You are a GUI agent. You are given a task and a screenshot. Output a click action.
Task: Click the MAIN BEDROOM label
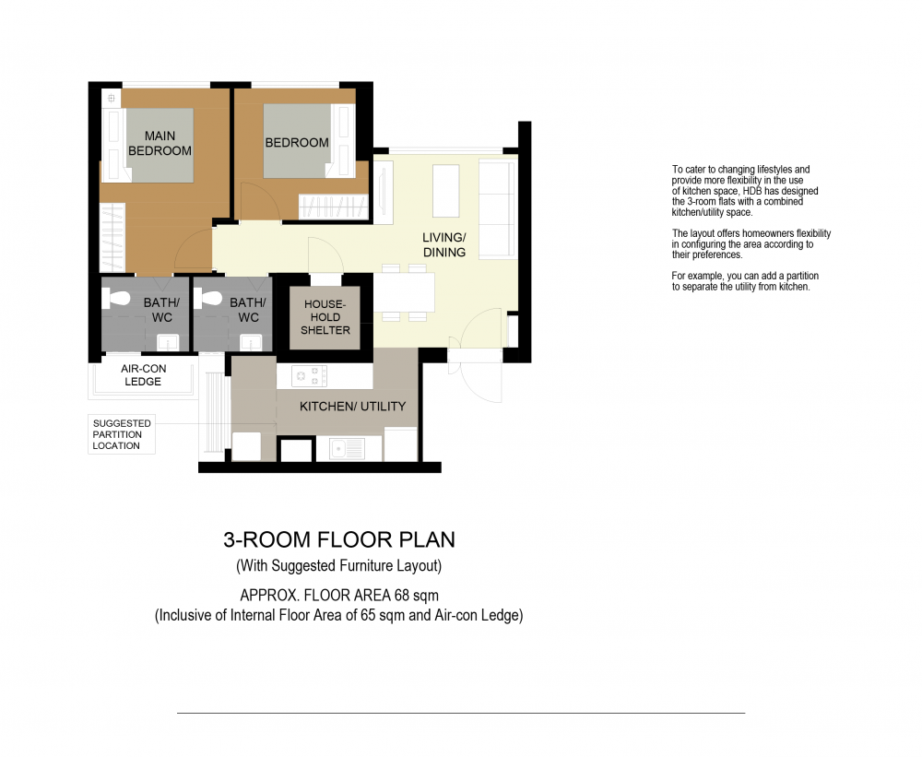(160, 144)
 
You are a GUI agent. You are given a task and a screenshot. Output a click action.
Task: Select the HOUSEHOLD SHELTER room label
(325, 317)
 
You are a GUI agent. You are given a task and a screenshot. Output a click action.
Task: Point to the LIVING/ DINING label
(444, 244)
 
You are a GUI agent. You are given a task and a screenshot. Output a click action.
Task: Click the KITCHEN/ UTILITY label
(353, 407)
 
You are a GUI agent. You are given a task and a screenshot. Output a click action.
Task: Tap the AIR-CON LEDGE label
(144, 374)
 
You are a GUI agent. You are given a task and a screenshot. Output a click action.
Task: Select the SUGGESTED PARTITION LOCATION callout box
(122, 434)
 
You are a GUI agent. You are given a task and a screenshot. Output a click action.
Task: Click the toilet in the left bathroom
(115, 298)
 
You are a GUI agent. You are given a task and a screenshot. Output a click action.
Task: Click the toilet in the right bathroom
(207, 298)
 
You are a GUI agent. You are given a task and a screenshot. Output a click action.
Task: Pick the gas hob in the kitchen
(310, 376)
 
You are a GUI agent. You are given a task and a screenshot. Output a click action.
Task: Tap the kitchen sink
(347, 450)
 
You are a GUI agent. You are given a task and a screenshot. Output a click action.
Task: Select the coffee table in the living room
(445, 191)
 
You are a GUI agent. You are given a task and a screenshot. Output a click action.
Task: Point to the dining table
(405, 292)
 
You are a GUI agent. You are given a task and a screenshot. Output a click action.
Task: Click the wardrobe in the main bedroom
(112, 238)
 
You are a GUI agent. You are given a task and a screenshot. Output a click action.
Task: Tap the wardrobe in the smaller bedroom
(334, 207)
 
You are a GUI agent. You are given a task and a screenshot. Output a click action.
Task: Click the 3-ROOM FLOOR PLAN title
(339, 539)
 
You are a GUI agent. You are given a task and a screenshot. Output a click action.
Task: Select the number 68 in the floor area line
(402, 596)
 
